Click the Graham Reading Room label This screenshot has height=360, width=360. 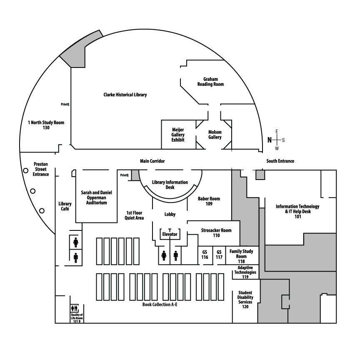(210, 82)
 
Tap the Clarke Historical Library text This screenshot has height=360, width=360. (125, 95)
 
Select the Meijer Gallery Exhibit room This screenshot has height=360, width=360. (178, 135)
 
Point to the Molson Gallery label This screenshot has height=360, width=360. (215, 135)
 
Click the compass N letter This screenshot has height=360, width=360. (269, 140)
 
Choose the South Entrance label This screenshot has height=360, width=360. (280, 161)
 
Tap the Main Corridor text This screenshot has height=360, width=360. (152, 161)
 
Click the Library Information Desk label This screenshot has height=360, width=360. (170, 185)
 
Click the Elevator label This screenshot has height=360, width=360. (170, 235)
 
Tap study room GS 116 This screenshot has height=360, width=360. (205, 255)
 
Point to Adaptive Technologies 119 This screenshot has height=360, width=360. (245, 272)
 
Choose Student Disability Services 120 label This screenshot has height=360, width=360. (245, 300)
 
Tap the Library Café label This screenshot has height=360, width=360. (65, 206)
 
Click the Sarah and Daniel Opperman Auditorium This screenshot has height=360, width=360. (96, 197)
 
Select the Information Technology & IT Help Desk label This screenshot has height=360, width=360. (297, 211)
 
